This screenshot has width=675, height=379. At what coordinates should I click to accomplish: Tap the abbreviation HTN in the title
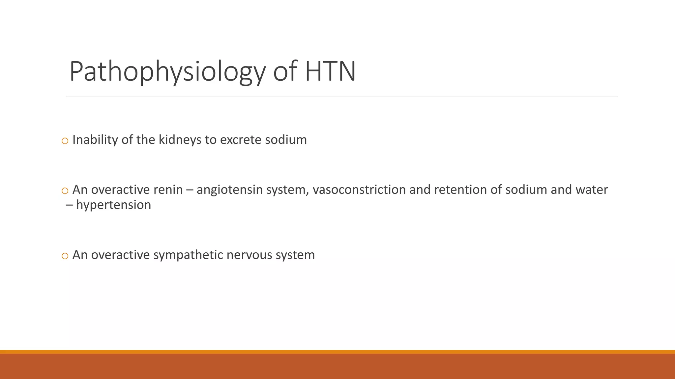coord(330,71)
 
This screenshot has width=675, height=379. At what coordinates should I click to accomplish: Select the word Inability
coord(95,140)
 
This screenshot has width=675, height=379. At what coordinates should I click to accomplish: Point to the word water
coord(592,190)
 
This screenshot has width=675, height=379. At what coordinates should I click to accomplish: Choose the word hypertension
coord(113,205)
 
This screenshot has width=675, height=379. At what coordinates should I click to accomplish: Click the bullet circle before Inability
coord(65,141)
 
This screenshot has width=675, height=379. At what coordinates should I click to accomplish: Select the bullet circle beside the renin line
coord(65,191)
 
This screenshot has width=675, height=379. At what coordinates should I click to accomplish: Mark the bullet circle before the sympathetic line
coord(65,256)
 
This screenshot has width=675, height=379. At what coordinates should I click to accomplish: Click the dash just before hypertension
coord(69,205)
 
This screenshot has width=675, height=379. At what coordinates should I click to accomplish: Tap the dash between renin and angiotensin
coord(190,190)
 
